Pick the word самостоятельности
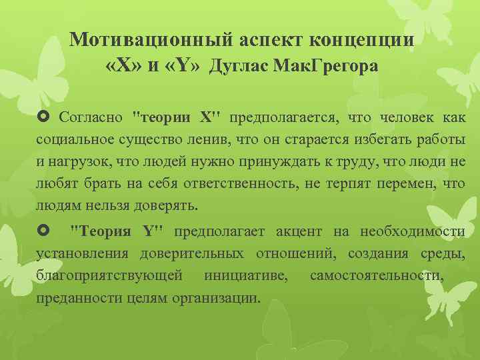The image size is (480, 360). (x=375, y=275)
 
